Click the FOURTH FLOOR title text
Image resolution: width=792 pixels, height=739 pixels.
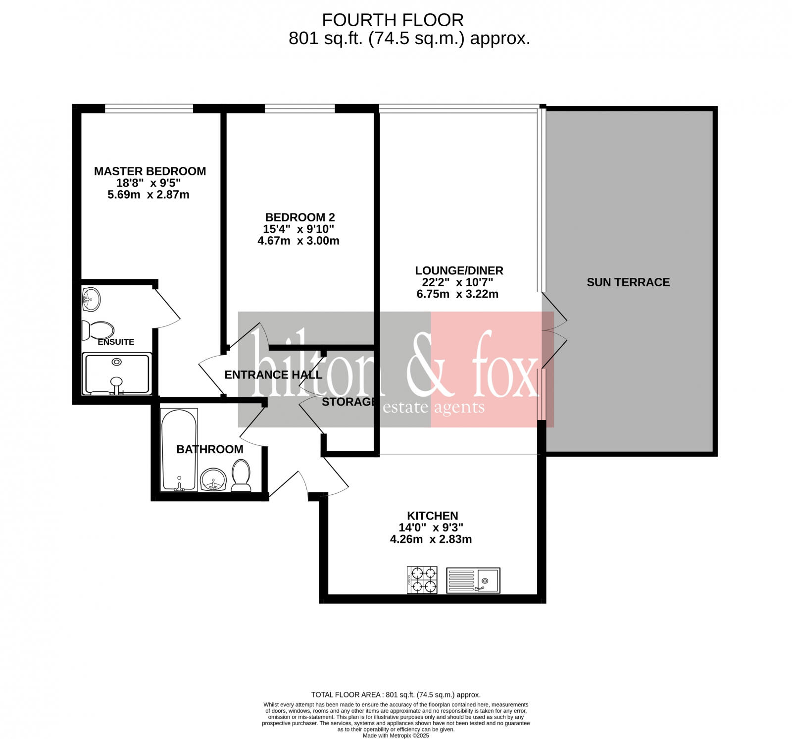pos(393,20)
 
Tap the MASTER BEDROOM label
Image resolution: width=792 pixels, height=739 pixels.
pos(150,171)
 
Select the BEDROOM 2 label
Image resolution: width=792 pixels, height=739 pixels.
pos(300,217)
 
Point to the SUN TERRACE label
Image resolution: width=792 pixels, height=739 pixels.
pos(628,282)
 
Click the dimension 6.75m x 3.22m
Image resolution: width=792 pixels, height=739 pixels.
pos(457,294)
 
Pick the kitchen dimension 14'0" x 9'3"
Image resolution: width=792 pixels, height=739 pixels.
pos(431,528)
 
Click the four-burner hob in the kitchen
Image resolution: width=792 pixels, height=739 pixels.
pos(422,580)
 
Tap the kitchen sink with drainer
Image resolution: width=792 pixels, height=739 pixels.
pos(473,580)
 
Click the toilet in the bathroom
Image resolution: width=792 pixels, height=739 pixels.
pos(241,475)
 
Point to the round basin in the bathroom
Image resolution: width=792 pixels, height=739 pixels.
pos(213,479)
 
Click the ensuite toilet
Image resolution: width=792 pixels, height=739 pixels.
pos(98,330)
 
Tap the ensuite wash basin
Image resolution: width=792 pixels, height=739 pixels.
pos(91,300)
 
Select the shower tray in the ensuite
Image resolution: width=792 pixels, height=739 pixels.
pos(117,374)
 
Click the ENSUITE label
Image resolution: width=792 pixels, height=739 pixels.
pos(116,342)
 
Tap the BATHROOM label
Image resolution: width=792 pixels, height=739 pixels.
pos(210,450)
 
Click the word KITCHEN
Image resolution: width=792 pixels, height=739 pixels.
pos(432,516)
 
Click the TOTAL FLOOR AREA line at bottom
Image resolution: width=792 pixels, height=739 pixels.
pos(396,695)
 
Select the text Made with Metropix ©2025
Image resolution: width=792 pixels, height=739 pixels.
pos(396,736)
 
